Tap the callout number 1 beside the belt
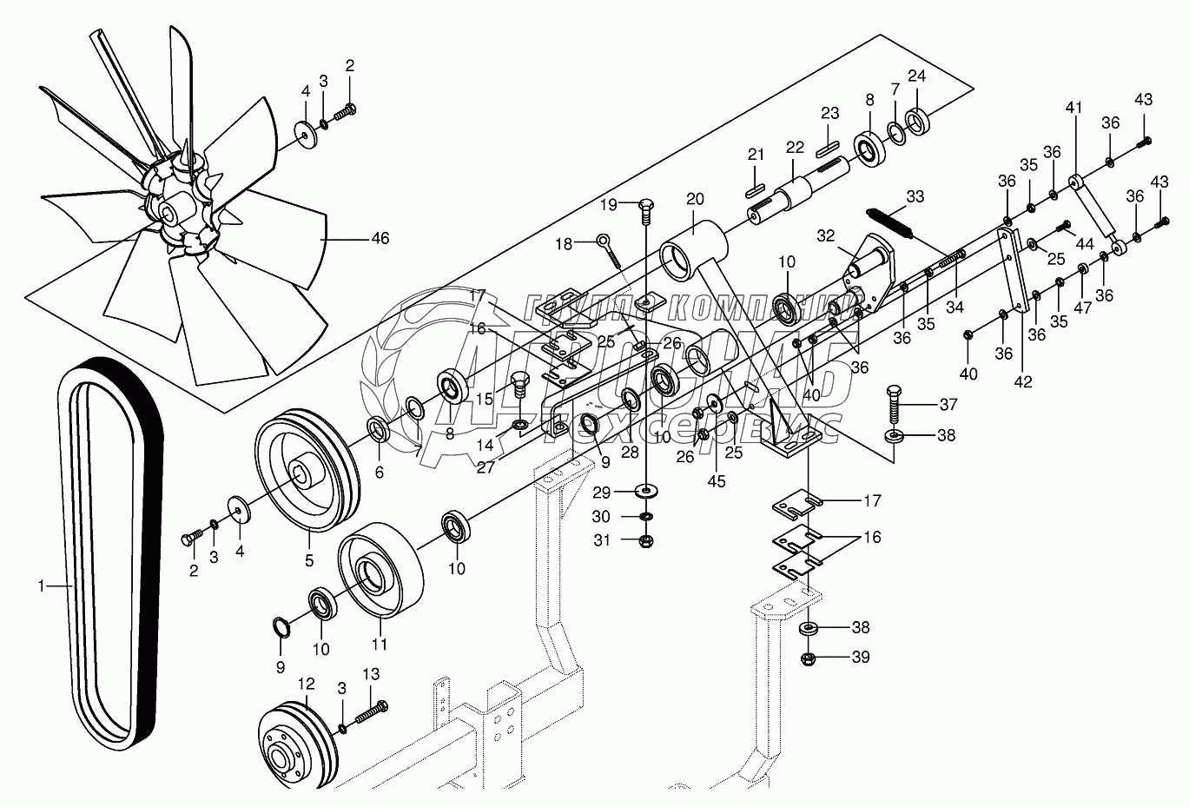pos(40,587)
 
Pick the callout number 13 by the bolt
pos(371,675)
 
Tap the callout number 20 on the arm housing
pos(694,199)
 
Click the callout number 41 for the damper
pos(1074,109)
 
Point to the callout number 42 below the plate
pos(1024,380)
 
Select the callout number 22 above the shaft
pos(796,148)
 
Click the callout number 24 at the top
pos(917,76)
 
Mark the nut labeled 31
pos(646,541)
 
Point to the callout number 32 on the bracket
pos(824,235)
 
